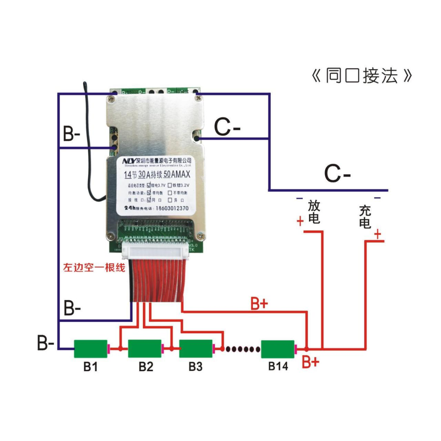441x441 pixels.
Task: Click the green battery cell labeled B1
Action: point(90,348)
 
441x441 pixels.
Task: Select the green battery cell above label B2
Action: point(144,348)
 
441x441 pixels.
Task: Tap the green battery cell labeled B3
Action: point(196,348)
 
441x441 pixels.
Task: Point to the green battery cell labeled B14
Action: point(278,349)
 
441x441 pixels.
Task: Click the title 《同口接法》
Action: point(362,76)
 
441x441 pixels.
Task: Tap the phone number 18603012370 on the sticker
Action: point(172,208)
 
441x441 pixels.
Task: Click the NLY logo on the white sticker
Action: point(129,161)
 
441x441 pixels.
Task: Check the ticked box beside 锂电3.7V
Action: point(149,185)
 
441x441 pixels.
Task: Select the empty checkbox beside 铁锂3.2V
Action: point(170,185)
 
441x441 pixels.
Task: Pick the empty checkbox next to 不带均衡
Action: point(170,193)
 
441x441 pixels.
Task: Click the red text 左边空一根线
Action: point(94,268)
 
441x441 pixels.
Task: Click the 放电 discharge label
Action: point(314,212)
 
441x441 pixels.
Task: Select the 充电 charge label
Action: point(365,217)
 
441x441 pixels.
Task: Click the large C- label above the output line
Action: point(337,173)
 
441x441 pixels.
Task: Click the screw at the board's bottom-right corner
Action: point(200,236)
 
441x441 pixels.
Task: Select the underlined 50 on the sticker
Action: point(167,174)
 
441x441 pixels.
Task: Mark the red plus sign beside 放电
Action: point(300,221)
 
